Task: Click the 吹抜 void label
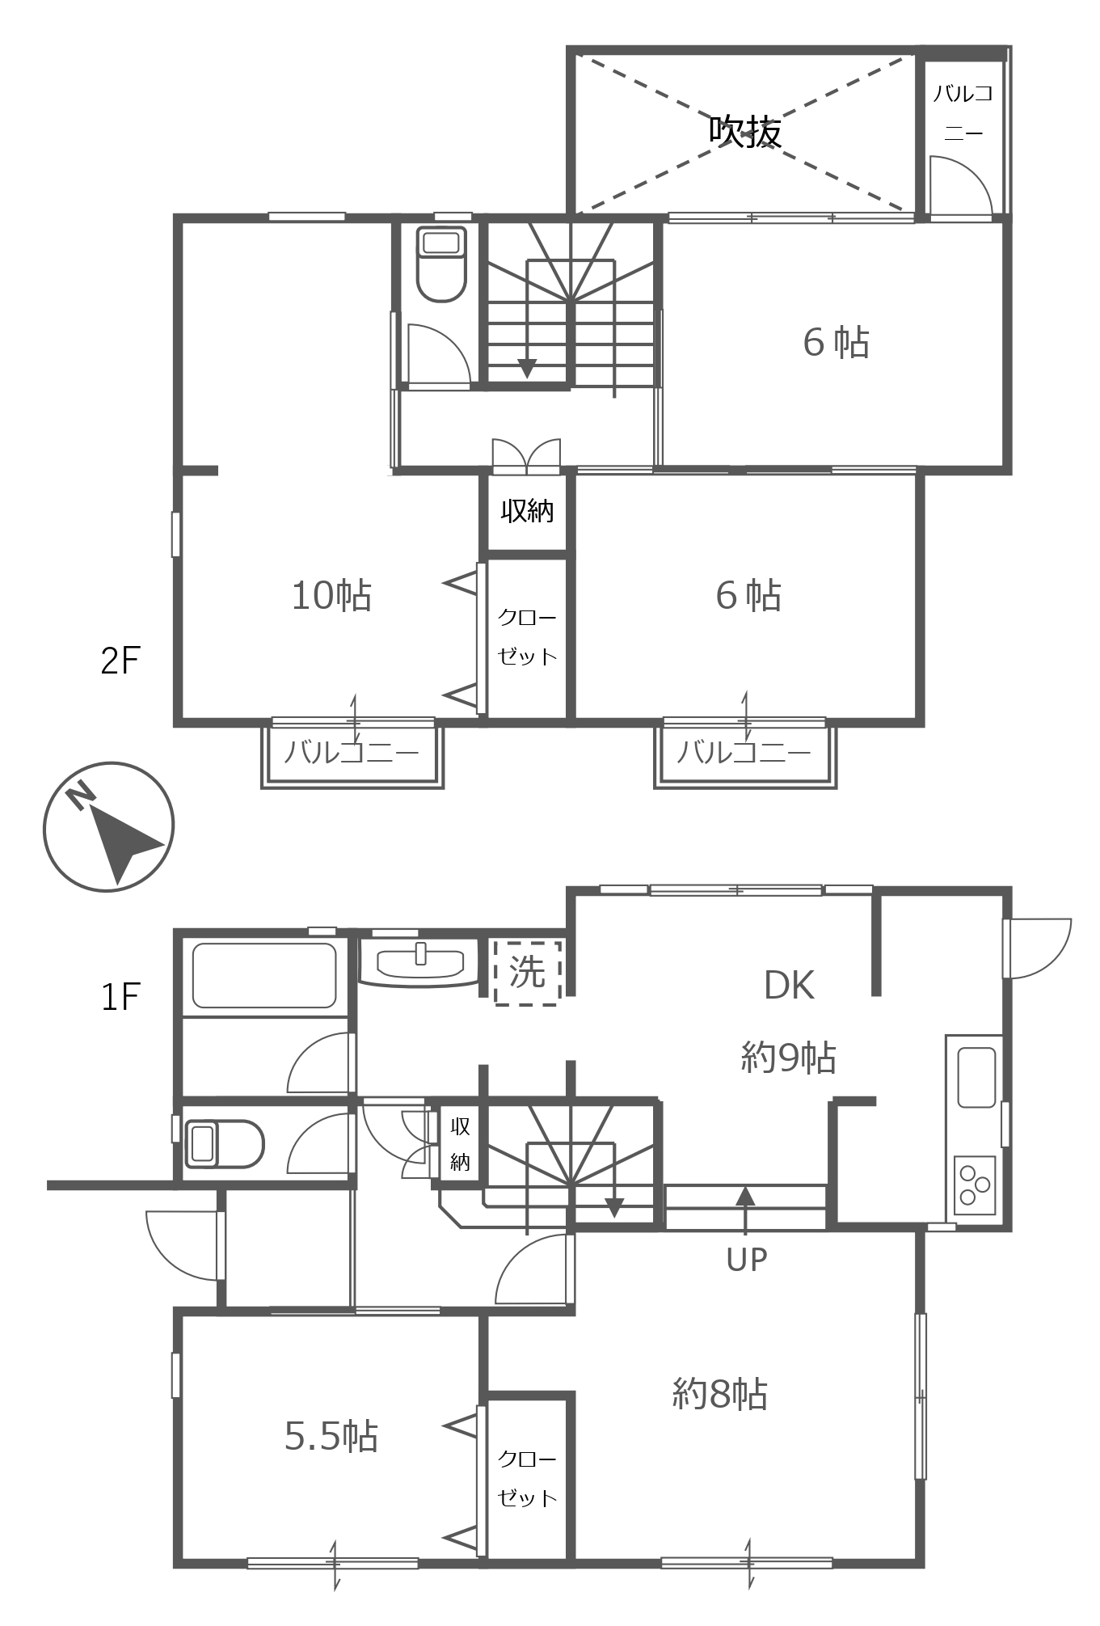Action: [745, 130]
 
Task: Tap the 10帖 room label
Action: [331, 595]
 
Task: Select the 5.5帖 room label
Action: [331, 1436]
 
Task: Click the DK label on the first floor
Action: [789, 985]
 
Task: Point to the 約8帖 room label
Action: [720, 1394]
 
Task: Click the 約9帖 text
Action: [789, 1057]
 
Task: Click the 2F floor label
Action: [120, 661]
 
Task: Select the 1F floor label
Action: [120, 996]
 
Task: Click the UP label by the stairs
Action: [746, 1259]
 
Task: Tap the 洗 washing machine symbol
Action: [528, 972]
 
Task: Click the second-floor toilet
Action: [441, 264]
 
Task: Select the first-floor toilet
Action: [225, 1143]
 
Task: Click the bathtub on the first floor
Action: [263, 976]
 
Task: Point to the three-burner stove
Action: [975, 1185]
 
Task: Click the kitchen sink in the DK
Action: [976, 1077]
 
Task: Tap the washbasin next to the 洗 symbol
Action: [420, 963]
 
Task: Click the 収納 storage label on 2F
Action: [527, 511]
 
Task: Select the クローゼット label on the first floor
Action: [527, 1479]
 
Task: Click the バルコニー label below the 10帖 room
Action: [352, 753]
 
